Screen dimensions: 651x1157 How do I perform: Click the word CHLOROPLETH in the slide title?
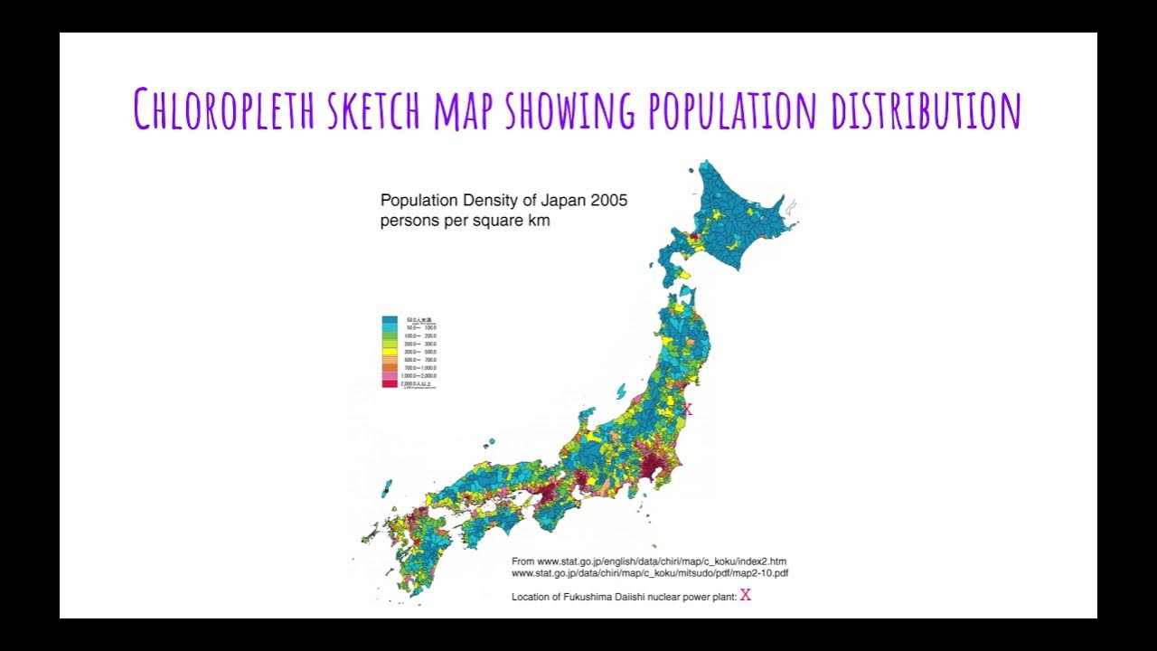point(224,108)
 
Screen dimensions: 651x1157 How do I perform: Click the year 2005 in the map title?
point(607,200)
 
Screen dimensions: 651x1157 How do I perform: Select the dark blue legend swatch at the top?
point(390,320)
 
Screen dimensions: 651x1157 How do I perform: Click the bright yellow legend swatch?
point(390,344)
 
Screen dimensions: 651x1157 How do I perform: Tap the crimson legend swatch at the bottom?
point(390,383)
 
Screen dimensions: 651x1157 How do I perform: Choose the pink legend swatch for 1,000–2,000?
point(390,375)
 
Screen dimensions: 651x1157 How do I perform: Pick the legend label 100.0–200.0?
point(422,335)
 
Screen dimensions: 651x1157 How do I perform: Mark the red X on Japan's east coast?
point(687,410)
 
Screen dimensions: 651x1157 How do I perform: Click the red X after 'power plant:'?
point(746,595)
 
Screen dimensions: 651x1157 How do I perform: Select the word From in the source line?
point(522,561)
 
